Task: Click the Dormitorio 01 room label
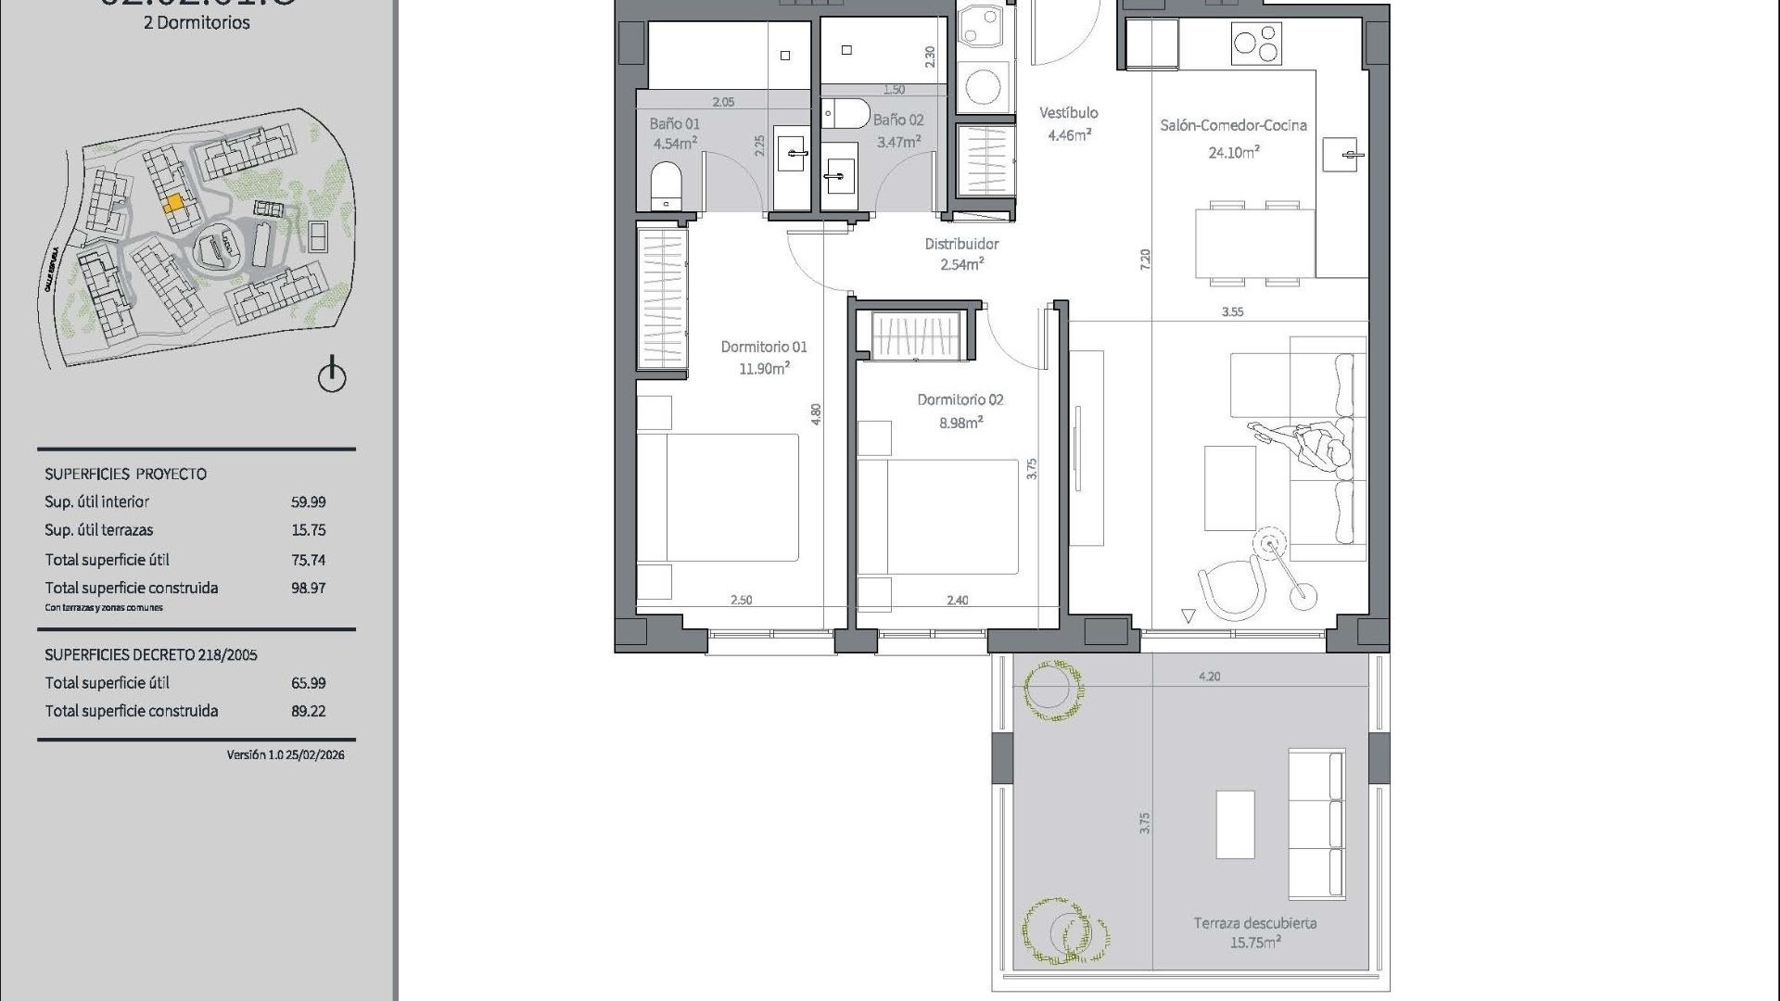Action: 764,347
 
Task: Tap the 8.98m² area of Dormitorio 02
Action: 960,423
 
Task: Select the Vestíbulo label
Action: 1068,113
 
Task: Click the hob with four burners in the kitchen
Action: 1256,43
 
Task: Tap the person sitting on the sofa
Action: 1315,450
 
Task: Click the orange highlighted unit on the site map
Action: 173,203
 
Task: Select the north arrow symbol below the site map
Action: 332,375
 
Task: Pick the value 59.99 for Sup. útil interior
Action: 308,501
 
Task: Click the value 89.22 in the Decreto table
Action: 308,711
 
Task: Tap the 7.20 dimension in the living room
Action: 1146,260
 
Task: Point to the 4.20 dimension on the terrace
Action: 1209,677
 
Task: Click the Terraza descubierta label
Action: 1254,923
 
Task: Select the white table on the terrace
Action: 1235,824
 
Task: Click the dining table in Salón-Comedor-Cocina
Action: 1254,243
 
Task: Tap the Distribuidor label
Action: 961,244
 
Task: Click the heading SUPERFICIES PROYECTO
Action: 125,474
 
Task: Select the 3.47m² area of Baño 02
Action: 898,143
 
